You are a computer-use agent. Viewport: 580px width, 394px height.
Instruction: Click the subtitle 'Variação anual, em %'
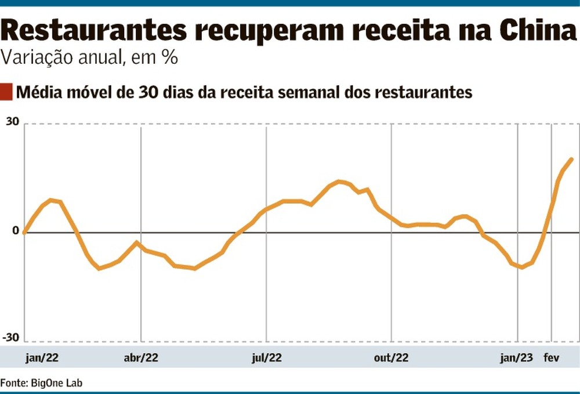89,59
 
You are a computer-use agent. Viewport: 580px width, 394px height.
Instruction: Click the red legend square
6,92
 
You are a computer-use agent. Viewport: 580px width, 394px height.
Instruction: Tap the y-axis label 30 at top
13,122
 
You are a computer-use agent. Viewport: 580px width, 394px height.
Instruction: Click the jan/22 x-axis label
42,358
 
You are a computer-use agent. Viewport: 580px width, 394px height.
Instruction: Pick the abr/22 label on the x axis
141,358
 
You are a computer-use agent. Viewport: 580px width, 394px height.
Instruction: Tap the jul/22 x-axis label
267,358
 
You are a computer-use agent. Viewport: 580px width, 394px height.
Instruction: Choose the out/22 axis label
391,358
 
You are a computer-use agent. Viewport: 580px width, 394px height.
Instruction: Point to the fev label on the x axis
551,358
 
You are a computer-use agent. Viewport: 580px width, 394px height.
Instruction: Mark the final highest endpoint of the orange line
572,159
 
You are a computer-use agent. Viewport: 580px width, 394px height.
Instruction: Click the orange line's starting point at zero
24,233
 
